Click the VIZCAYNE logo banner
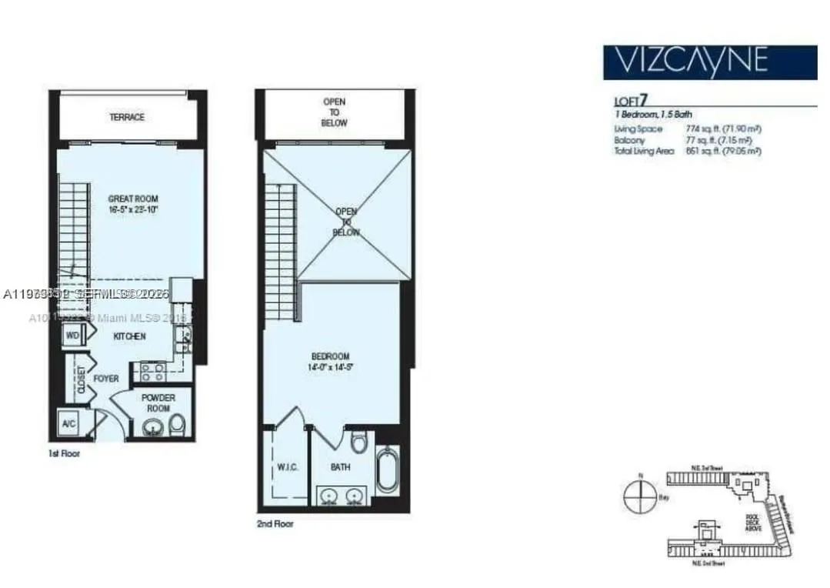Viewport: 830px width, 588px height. [709, 62]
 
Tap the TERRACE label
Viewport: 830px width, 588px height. [127, 117]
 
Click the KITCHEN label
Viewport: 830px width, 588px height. [130, 336]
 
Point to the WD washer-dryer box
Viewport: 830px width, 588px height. [72, 336]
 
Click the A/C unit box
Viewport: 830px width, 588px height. [68, 422]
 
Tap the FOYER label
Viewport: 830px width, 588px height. [106, 379]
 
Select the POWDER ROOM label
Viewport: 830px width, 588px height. [158, 403]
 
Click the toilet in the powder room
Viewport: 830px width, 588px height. [177, 424]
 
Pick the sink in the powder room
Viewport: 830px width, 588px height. [154, 426]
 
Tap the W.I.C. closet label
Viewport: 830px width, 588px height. [287, 467]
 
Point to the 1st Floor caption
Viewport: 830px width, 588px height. [64, 454]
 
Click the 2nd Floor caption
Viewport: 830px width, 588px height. [275, 524]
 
